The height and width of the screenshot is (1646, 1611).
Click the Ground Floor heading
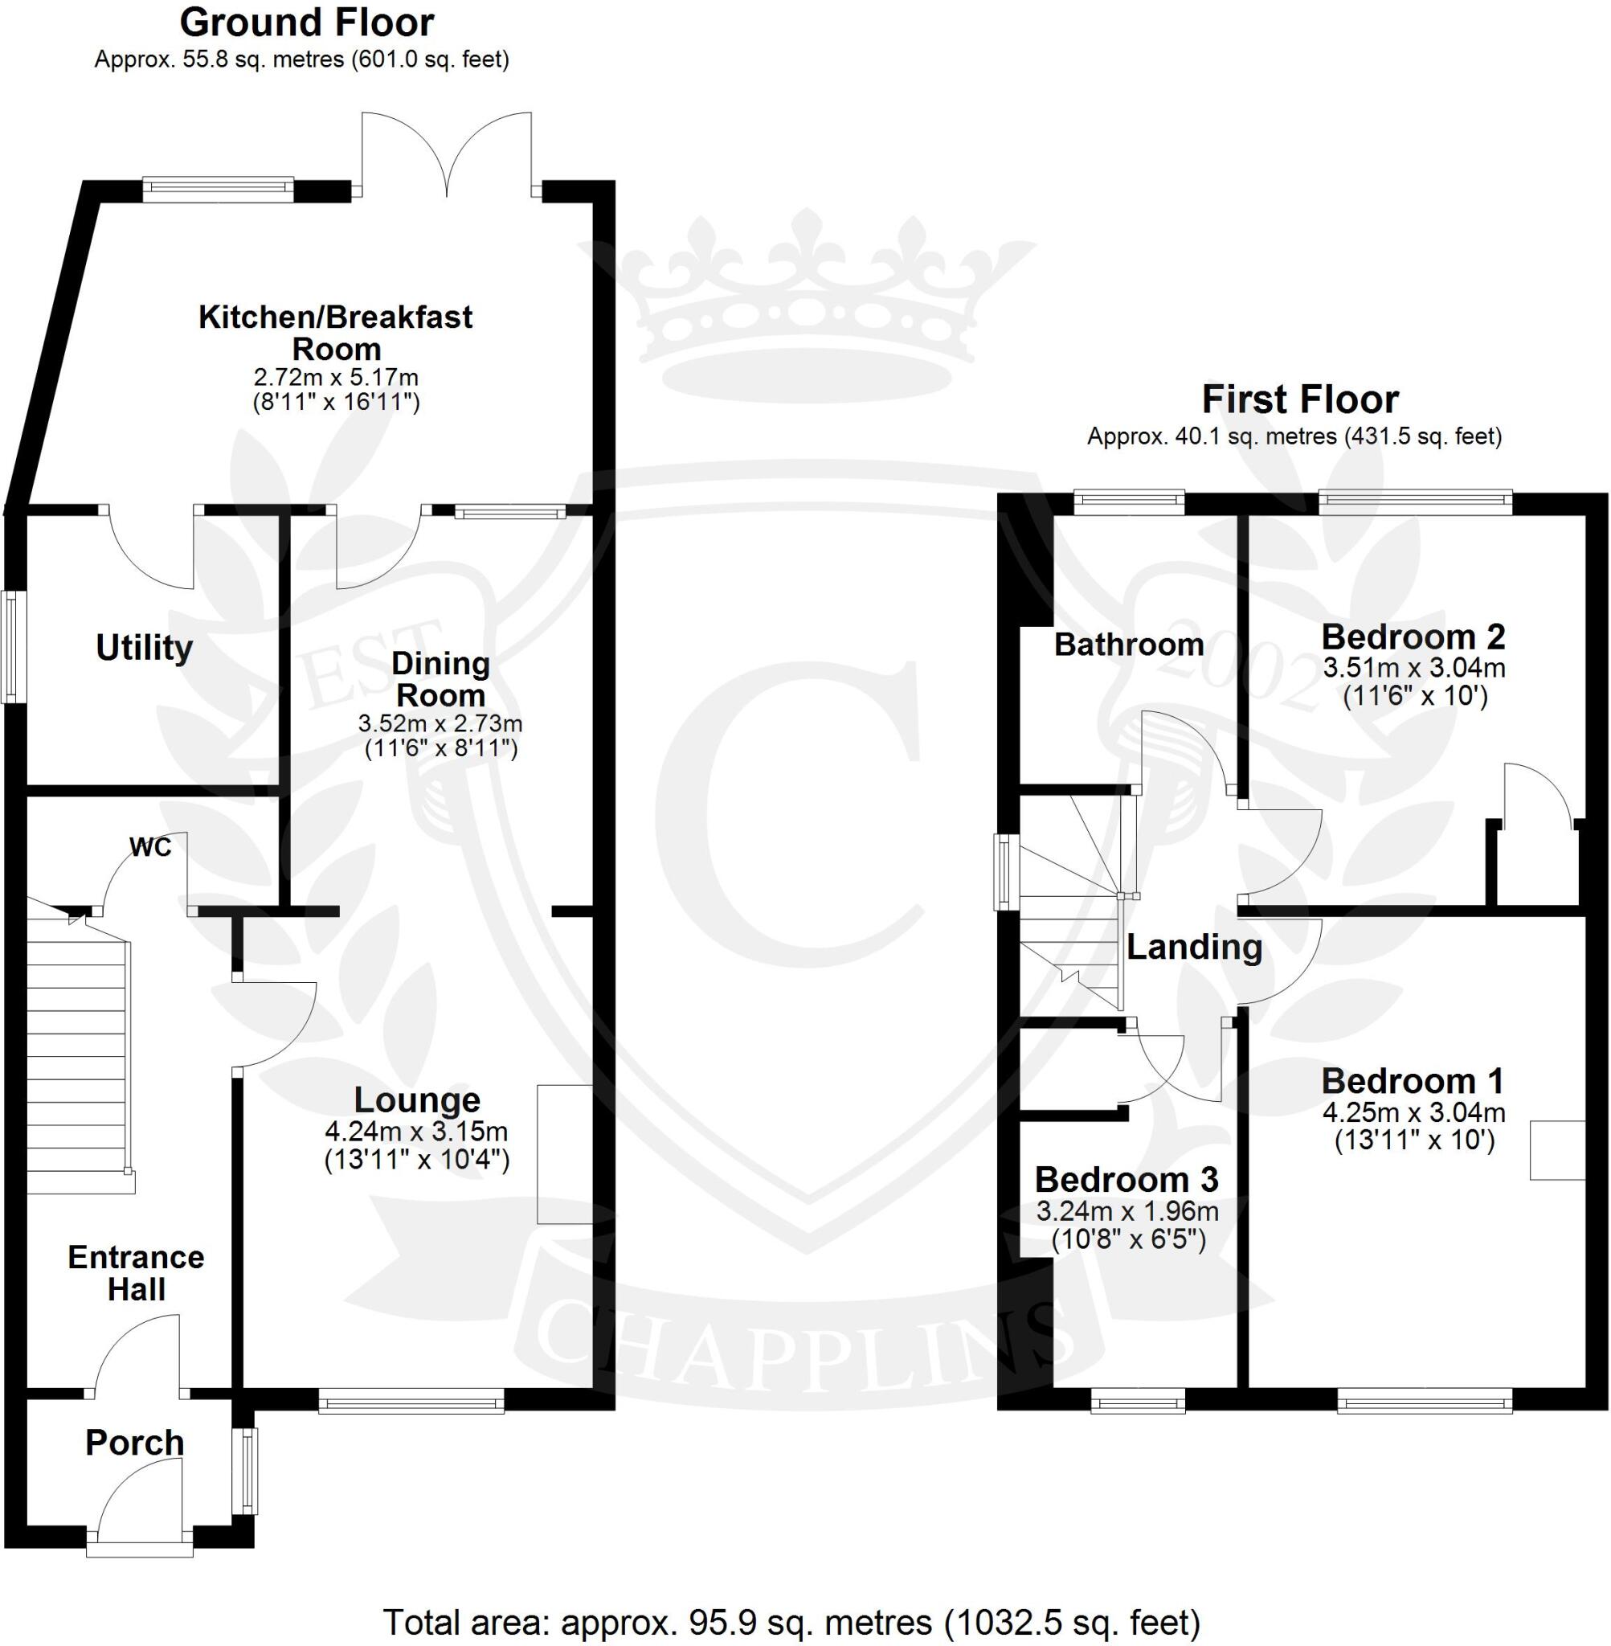[x=306, y=23]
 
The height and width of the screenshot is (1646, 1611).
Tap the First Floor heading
[x=1301, y=399]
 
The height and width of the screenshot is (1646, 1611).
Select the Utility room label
[x=145, y=649]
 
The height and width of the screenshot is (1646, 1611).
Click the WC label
[x=150, y=847]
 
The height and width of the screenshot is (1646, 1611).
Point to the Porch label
[x=134, y=1443]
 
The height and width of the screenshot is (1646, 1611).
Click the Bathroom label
[x=1129, y=645]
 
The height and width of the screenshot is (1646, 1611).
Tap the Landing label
[x=1194, y=947]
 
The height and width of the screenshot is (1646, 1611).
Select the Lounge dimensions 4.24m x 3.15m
[x=416, y=1132]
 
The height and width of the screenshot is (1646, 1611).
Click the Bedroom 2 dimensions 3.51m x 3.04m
[x=1414, y=669]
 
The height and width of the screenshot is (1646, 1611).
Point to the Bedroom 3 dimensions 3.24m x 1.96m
[x=1127, y=1212]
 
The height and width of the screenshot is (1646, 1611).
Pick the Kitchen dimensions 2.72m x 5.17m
[x=336, y=377]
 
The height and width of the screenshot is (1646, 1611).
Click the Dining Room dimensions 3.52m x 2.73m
[x=440, y=723]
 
